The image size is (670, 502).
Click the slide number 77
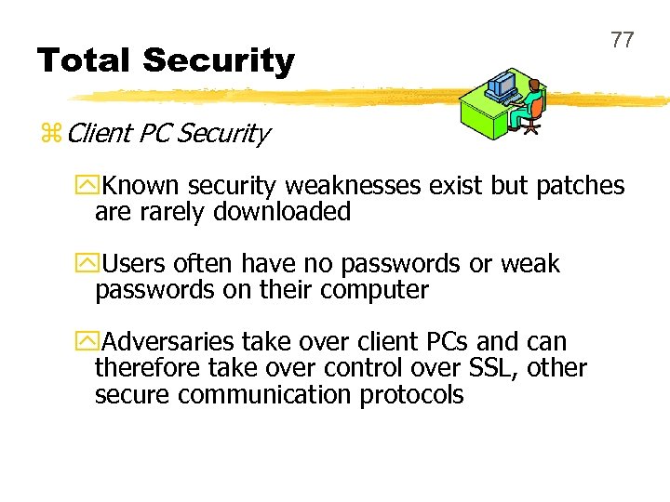pyautogui.click(x=622, y=40)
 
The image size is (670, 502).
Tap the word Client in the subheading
pyautogui.click(x=100, y=134)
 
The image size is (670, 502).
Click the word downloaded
pyautogui.click(x=282, y=212)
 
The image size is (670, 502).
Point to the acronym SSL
pyautogui.click(x=492, y=368)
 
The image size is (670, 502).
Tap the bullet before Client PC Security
pyautogui.click(x=50, y=135)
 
